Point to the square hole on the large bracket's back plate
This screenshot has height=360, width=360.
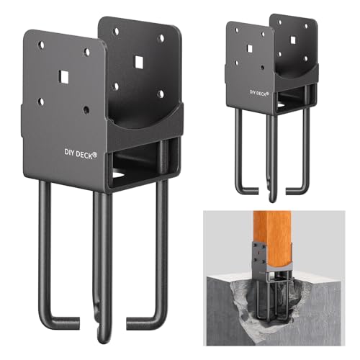click(x=138, y=62)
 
